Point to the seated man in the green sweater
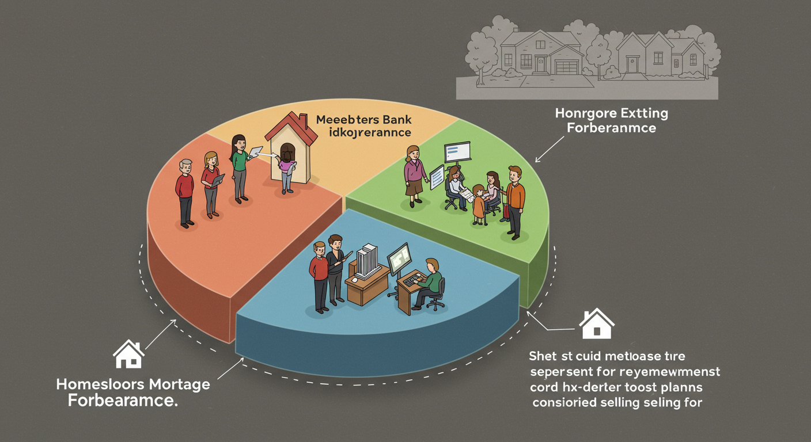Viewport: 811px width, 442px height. [431, 283]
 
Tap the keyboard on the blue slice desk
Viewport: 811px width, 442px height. [412, 280]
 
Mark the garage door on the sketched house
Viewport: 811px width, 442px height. [566, 66]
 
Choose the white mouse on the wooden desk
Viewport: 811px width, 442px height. [354, 279]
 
